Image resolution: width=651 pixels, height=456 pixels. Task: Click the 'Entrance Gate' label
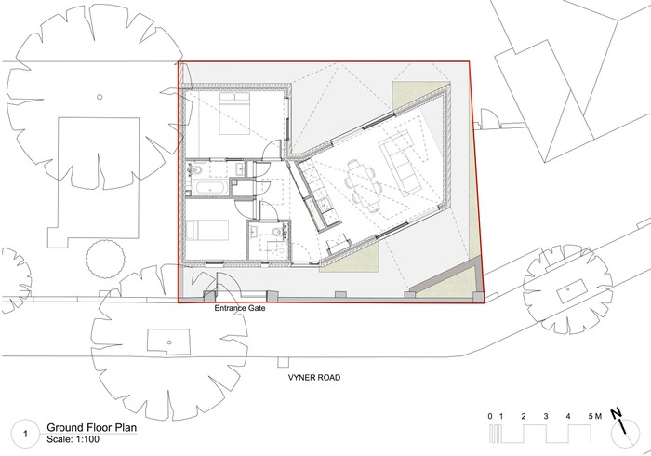(x=240, y=309)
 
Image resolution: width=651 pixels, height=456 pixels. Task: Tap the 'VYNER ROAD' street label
(x=314, y=378)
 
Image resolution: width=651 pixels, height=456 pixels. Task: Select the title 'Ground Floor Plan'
(x=91, y=427)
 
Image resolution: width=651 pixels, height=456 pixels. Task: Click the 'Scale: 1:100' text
(x=73, y=439)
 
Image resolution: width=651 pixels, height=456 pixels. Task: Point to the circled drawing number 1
(x=26, y=435)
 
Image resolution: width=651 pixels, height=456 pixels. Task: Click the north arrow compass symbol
(x=624, y=432)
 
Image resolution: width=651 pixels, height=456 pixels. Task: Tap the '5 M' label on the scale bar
(x=594, y=416)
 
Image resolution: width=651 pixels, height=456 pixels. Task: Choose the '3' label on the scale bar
(x=546, y=416)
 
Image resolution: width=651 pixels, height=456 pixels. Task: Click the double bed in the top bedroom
(x=234, y=114)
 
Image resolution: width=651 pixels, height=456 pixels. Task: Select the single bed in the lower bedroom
(x=207, y=231)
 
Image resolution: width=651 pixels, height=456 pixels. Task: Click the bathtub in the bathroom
(x=209, y=188)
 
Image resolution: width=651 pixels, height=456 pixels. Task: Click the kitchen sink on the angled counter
(x=325, y=203)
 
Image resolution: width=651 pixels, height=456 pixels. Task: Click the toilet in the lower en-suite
(x=276, y=232)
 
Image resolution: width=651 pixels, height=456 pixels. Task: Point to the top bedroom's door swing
(x=272, y=150)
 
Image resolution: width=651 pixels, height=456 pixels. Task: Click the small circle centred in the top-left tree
(x=100, y=97)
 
